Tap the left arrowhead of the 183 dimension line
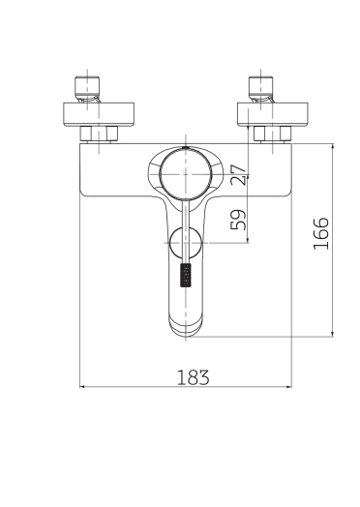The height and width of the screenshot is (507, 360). (83, 388)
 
